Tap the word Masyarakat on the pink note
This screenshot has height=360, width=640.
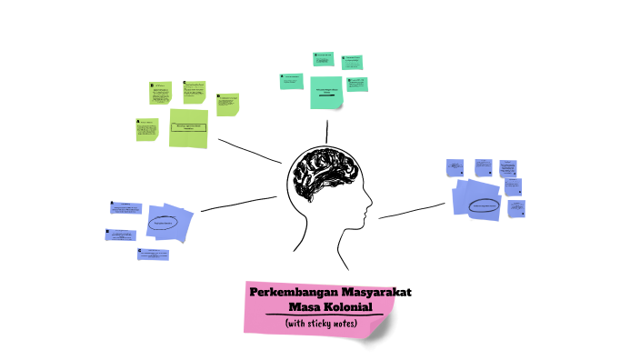click(x=375, y=293)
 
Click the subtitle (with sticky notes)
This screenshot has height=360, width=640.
click(x=321, y=324)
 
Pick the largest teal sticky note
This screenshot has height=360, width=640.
click(x=326, y=92)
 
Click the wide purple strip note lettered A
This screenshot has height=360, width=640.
click(x=125, y=208)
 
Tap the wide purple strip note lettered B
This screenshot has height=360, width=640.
click(x=122, y=235)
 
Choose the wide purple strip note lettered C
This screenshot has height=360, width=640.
click(x=153, y=255)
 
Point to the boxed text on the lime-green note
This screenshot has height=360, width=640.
click(x=188, y=127)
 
